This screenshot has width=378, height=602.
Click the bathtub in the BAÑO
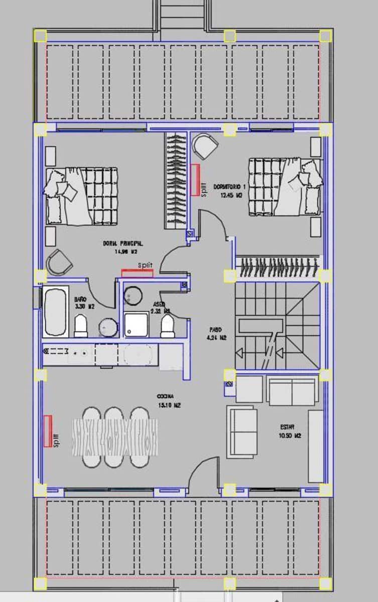pos(55,311)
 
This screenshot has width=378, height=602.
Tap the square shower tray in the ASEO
pos(137,324)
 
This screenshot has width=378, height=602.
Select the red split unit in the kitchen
pos(48,430)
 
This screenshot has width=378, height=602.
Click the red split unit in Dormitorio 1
pos(195,180)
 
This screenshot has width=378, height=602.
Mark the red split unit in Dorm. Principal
pos(137,273)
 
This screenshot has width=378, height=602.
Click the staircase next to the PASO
pos(277,326)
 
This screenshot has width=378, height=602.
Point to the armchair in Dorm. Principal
pos(59,262)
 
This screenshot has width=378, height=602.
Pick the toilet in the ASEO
pos(168,326)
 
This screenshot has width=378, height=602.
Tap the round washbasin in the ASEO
pos(134,296)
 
